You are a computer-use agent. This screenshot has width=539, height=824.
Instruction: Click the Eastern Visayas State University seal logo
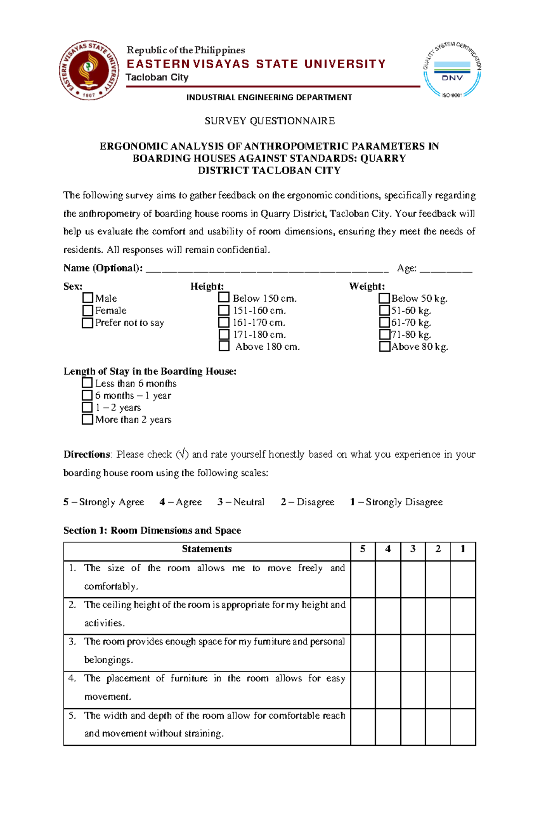pyautogui.click(x=89, y=70)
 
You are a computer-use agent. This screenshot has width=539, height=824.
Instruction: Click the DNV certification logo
pyautogui.click(x=452, y=70)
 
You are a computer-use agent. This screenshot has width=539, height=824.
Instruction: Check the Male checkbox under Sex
pyautogui.click(x=88, y=298)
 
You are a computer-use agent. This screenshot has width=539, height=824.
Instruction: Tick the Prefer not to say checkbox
pyautogui.click(x=88, y=322)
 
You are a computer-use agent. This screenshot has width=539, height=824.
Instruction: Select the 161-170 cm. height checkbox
pyautogui.click(x=224, y=322)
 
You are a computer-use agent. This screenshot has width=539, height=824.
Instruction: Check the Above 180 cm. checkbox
pyautogui.click(x=224, y=346)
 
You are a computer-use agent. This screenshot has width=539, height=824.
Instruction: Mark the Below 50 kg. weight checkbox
pyautogui.click(x=384, y=298)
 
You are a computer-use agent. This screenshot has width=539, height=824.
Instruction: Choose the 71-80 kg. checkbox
pyautogui.click(x=384, y=334)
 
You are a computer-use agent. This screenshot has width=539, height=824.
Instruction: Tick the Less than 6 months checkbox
pyautogui.click(x=87, y=383)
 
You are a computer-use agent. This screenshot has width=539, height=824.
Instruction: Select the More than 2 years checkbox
pyautogui.click(x=87, y=419)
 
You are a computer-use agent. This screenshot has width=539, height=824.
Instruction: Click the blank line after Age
pyautogui.click(x=446, y=269)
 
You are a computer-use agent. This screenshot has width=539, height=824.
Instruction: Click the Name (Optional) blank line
pyautogui.click(x=267, y=269)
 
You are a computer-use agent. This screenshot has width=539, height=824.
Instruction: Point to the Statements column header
pyautogui.click(x=207, y=549)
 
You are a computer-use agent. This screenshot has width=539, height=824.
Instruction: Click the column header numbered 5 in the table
pyautogui.click(x=362, y=549)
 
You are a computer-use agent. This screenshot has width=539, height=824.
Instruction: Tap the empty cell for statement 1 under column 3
pyautogui.click(x=413, y=579)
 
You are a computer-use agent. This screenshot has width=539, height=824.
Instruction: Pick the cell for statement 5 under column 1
pyautogui.click(x=463, y=727)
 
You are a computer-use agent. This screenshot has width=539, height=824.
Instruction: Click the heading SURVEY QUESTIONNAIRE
pyautogui.click(x=269, y=121)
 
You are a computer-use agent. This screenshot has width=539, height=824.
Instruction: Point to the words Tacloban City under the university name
pyautogui.click(x=157, y=77)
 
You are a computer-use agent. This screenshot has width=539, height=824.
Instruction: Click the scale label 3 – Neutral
pyautogui.click(x=241, y=502)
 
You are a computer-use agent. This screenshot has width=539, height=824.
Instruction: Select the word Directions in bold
pyautogui.click(x=86, y=454)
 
